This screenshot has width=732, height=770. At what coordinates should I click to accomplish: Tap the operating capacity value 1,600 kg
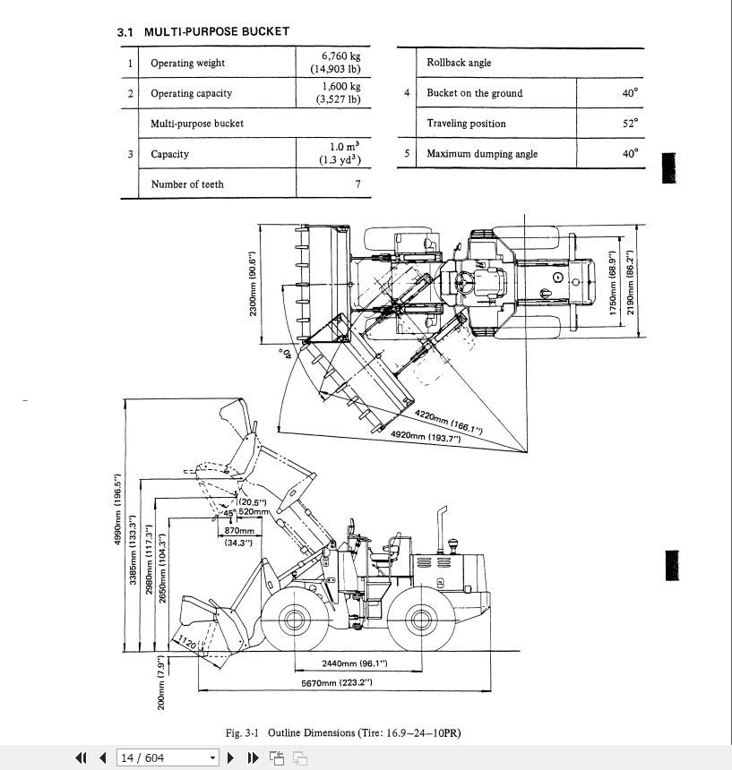point(340,87)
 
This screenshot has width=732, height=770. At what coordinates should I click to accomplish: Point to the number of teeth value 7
point(357,184)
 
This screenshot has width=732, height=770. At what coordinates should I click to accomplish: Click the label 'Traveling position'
point(466,124)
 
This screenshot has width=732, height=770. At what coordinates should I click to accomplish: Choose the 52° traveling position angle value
point(629,124)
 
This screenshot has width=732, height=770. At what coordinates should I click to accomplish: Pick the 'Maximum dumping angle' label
point(482,154)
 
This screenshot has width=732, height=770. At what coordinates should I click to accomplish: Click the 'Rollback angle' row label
point(459,63)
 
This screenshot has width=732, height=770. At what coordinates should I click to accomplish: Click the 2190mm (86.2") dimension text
point(630,278)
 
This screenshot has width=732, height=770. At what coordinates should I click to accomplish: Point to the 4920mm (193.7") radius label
point(425,436)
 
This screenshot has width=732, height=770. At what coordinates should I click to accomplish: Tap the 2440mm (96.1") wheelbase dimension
point(353,663)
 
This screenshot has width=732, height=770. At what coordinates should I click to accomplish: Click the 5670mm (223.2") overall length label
point(336,683)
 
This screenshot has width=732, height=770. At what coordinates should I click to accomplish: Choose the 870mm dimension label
point(237,531)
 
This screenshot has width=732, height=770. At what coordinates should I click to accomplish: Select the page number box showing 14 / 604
point(168,758)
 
